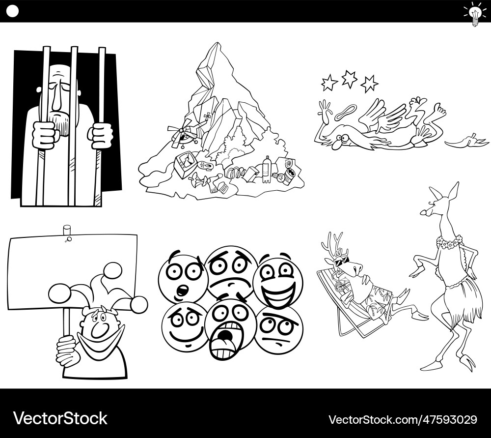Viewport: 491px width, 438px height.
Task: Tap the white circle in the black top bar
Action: (13, 11)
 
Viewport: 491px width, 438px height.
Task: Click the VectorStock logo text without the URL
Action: (60, 418)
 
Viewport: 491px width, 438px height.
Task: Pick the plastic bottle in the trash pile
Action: (267, 168)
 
